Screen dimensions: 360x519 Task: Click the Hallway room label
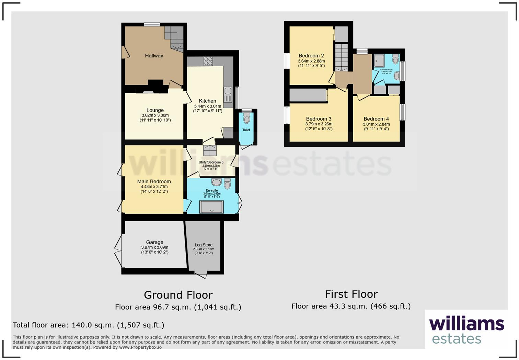pyautogui.click(x=154, y=56)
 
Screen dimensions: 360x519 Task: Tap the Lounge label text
pyautogui.click(x=155, y=110)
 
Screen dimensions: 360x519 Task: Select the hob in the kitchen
pyautogui.click(x=208, y=61)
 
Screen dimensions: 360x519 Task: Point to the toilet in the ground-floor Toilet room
pyautogui.click(x=246, y=119)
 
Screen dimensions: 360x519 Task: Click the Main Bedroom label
pyautogui.click(x=154, y=181)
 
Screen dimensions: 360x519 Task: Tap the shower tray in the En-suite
pyautogui.click(x=211, y=207)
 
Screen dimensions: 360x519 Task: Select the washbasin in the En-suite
pyautogui.click(x=217, y=182)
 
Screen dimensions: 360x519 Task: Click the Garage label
pyautogui.click(x=154, y=242)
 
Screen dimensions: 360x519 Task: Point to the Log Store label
pyautogui.click(x=204, y=245)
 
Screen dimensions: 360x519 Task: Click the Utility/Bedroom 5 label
pyautogui.click(x=211, y=162)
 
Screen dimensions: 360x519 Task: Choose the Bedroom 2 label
pyautogui.click(x=311, y=56)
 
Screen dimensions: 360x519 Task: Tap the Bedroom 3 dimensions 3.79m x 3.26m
pyautogui.click(x=319, y=124)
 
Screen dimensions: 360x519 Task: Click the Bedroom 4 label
pyautogui.click(x=376, y=119)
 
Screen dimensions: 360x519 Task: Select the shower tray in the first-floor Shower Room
pyautogui.click(x=379, y=61)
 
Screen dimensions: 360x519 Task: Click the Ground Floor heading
pyautogui.click(x=178, y=295)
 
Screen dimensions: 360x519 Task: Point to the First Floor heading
pyautogui.click(x=351, y=294)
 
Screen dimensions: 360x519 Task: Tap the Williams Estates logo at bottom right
pyautogui.click(x=466, y=330)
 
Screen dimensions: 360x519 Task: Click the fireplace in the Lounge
pyautogui.click(x=148, y=92)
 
